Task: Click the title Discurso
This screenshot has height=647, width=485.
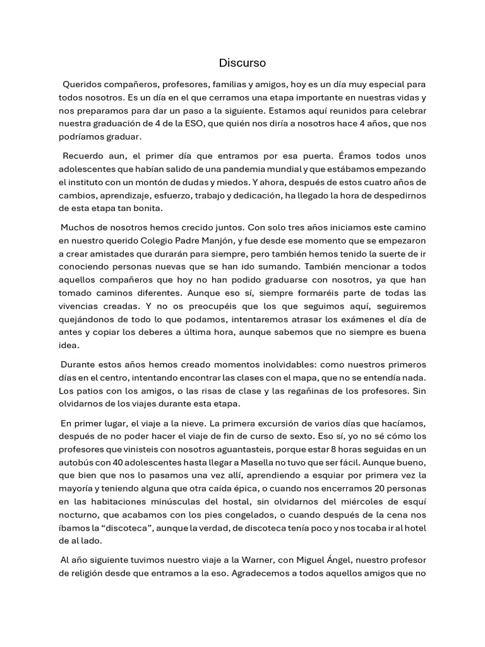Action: pyautogui.click(x=242, y=63)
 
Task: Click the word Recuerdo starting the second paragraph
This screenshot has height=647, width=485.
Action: pyautogui.click(x=83, y=156)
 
